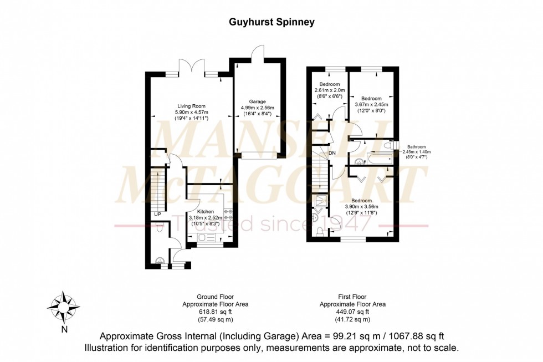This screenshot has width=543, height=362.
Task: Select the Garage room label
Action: [258, 101]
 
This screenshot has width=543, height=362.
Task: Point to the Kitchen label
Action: [206, 212]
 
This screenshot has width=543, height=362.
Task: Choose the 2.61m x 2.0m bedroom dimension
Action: [329, 90]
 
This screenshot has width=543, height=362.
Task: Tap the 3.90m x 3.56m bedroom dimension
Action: [360, 206]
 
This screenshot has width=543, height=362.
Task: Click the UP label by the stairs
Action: [158, 214]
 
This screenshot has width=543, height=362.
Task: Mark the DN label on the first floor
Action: [332, 153]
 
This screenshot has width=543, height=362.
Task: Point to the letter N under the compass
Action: [64, 330]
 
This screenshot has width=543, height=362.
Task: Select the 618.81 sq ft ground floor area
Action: [216, 312]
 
